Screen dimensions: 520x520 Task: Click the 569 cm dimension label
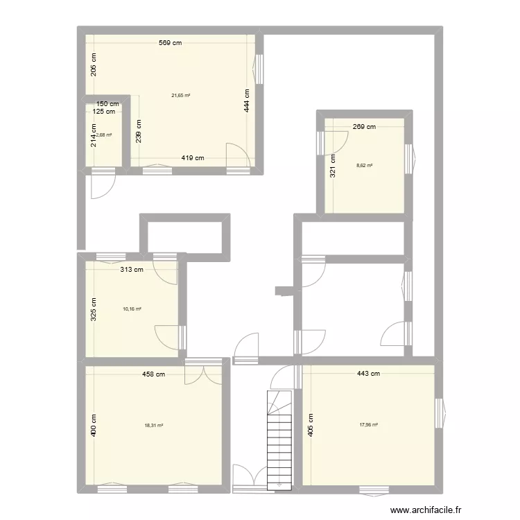170,43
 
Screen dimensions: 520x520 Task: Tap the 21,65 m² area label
181,96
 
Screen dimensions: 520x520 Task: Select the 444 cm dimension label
247,101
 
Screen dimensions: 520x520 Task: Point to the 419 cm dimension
193,158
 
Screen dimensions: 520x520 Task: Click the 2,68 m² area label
104,135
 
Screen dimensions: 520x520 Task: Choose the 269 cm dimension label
364,127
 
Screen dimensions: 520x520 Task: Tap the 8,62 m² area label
365,166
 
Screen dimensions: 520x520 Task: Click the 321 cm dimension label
333,166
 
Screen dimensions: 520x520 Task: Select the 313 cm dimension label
132,270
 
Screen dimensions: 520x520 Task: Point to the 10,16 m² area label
132,309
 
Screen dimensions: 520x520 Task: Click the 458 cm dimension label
153,374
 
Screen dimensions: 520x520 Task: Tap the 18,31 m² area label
154,426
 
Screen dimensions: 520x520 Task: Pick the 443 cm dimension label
368,374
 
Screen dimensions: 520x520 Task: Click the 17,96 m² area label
369,425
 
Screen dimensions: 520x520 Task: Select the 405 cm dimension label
311,425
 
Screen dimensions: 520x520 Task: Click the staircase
279,440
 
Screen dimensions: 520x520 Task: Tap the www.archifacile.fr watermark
426,510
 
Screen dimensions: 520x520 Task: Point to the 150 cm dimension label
107,104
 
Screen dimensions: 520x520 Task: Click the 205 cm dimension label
94,64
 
